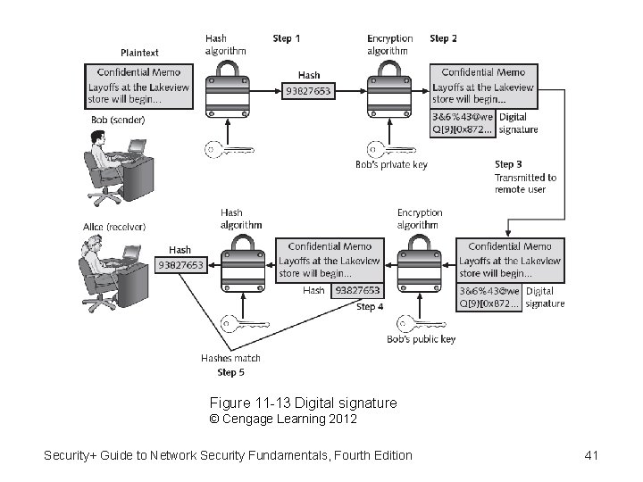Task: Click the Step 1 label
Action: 286,38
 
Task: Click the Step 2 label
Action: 444,38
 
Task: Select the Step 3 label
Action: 508,164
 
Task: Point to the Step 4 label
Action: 370,307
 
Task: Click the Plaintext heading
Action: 140,54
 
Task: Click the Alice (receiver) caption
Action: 112,227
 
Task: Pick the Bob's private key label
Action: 391,164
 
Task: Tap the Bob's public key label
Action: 422,339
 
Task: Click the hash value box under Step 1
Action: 307,90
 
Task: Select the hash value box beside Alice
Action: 180,264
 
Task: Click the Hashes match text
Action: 230,358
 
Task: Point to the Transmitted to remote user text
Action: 525,183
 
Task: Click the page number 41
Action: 590,456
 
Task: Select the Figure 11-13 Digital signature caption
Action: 303,403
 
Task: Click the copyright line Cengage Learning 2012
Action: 283,419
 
